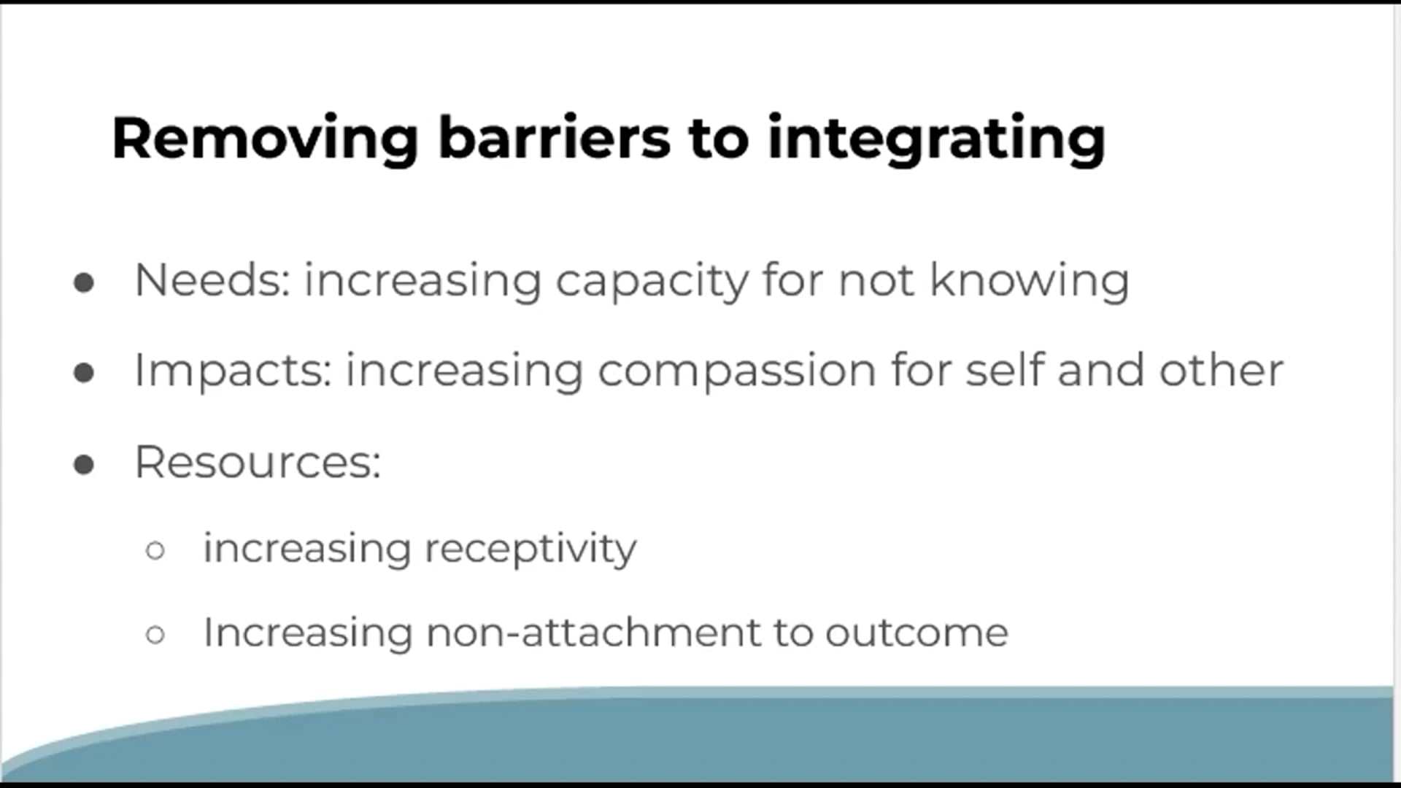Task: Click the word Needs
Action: click(x=212, y=280)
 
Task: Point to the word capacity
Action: click(x=652, y=282)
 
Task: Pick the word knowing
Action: click(x=1030, y=282)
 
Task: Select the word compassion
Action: click(x=736, y=371)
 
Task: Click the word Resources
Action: click(x=258, y=462)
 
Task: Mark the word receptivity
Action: click(x=530, y=549)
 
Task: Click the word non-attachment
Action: click(x=593, y=632)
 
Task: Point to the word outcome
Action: click(x=916, y=632)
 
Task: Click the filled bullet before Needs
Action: click(x=84, y=282)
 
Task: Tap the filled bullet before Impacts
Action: click(x=84, y=373)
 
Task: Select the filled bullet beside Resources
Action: click(x=84, y=464)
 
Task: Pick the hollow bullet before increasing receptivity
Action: click(x=155, y=550)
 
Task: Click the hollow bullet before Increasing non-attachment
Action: click(x=155, y=634)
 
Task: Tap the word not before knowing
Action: click(x=876, y=280)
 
